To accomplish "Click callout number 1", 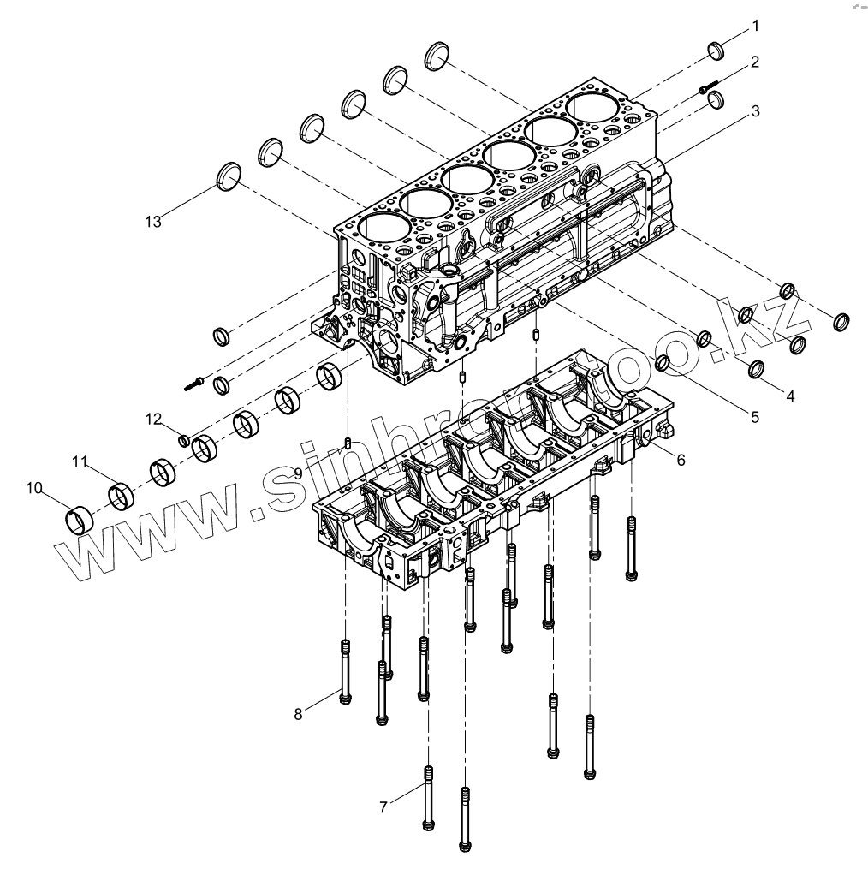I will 756,27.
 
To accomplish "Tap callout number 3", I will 756,111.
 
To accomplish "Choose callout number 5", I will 754,418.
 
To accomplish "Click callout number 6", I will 681,460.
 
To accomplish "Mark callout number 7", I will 384,806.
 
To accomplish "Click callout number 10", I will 34,488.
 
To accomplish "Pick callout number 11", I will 80,462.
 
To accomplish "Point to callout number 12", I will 153,419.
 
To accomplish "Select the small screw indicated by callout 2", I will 708,87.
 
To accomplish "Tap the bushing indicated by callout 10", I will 80,520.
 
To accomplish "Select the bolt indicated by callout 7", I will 427,796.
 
